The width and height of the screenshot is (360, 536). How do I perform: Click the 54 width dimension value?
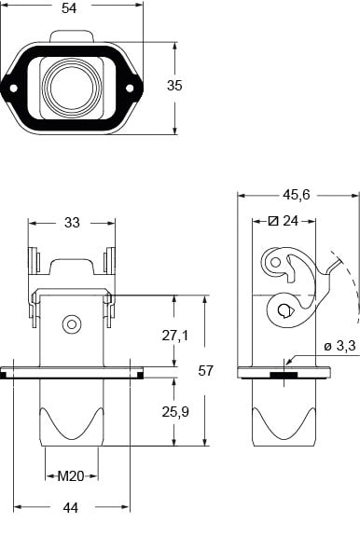(69, 8)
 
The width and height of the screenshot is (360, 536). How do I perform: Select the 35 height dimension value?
(174, 86)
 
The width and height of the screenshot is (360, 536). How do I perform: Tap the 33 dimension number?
(72, 223)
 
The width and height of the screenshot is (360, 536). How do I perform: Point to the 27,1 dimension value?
(175, 336)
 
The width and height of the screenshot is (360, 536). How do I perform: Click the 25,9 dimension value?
(175, 412)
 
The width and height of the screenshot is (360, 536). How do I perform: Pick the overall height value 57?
(205, 371)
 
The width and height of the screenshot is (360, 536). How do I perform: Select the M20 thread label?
(71, 475)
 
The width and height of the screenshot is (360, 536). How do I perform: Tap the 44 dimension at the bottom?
(71, 508)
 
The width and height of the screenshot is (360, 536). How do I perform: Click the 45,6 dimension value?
(296, 195)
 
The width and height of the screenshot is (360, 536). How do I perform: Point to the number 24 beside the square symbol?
(291, 221)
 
